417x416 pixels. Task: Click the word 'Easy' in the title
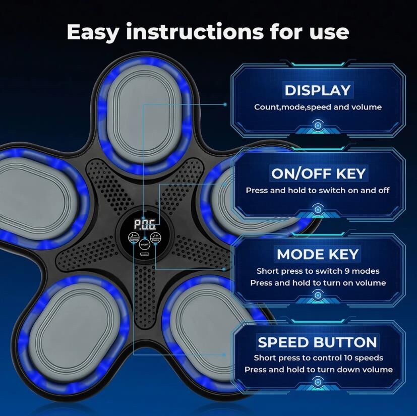tap(93, 32)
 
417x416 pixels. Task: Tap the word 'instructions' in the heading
tap(195, 32)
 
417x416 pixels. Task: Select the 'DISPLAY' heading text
tap(318, 90)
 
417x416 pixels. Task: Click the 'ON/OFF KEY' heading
tap(318, 173)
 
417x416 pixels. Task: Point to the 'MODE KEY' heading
tap(318, 254)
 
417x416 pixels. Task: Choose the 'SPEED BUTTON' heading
tap(317, 342)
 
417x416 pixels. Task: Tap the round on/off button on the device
tap(144, 244)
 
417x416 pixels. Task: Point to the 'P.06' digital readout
tap(144, 224)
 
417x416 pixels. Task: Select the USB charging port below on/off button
tap(144, 254)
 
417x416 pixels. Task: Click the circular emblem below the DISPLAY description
tap(318, 126)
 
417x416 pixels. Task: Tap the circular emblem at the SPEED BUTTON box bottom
tap(318, 382)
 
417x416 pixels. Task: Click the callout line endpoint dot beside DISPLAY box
tap(225, 104)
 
